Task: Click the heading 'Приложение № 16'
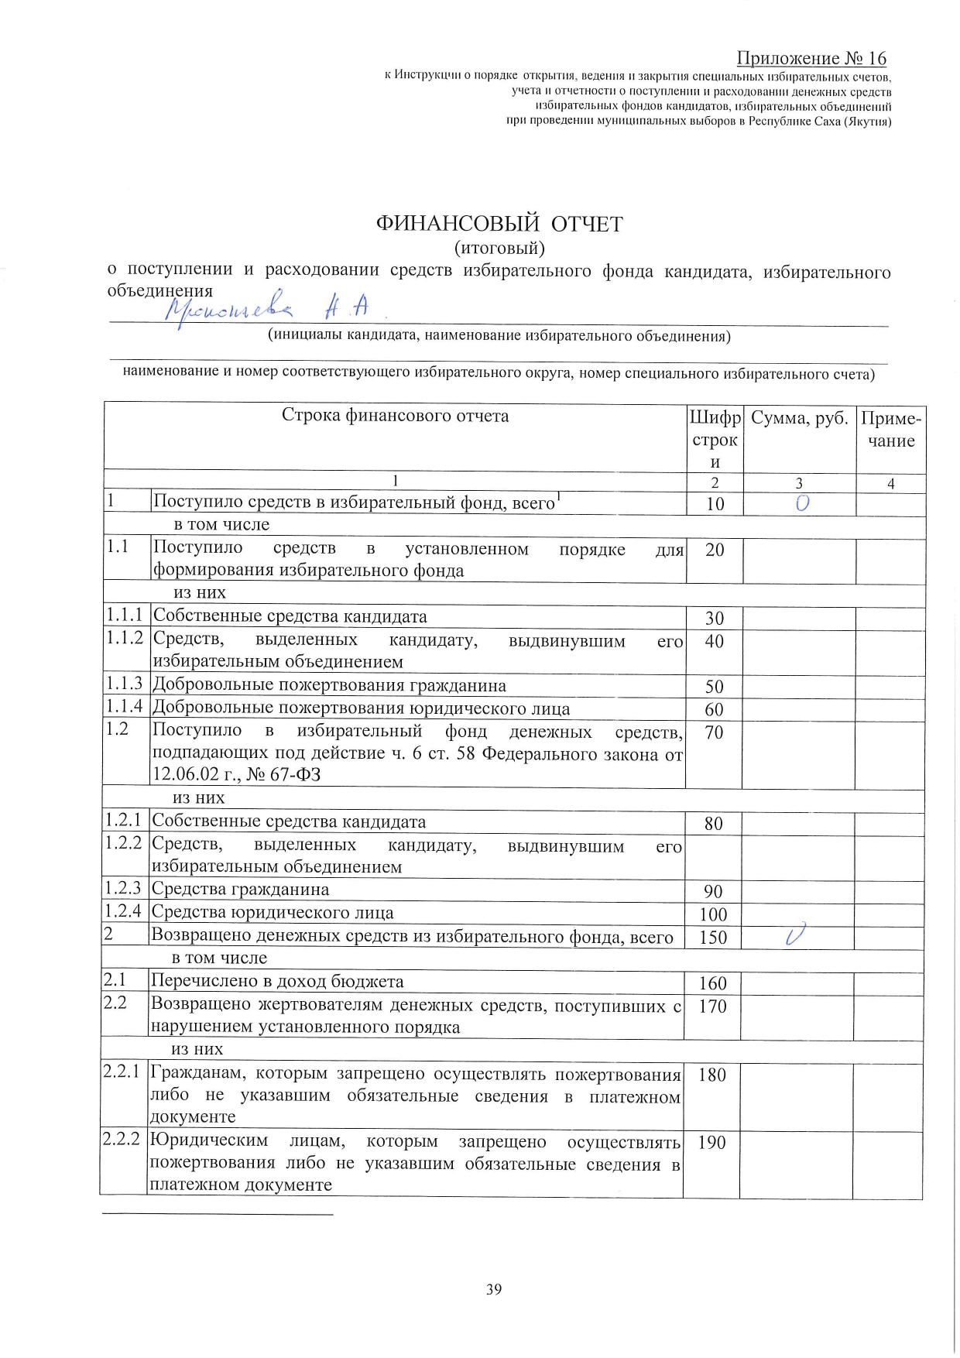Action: [x=811, y=58]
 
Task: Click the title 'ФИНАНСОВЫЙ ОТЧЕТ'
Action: [x=499, y=224]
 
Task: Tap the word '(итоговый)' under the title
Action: [x=499, y=249]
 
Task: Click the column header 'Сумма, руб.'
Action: [x=800, y=418]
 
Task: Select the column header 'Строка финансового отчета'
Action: [x=395, y=416]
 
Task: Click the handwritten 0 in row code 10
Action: [x=802, y=503]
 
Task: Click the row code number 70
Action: [x=714, y=732]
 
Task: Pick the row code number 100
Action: [x=713, y=914]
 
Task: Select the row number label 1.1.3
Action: [x=125, y=684]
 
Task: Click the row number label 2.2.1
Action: [x=122, y=1072]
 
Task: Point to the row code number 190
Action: [x=711, y=1143]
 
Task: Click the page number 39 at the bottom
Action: [x=494, y=1289]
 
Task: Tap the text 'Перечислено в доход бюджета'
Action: [x=277, y=982]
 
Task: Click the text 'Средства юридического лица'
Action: [x=273, y=913]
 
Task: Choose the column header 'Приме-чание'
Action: [x=891, y=430]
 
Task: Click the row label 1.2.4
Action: [x=124, y=911]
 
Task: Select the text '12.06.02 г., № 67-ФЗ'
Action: [x=236, y=774]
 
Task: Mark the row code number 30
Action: [x=715, y=618]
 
